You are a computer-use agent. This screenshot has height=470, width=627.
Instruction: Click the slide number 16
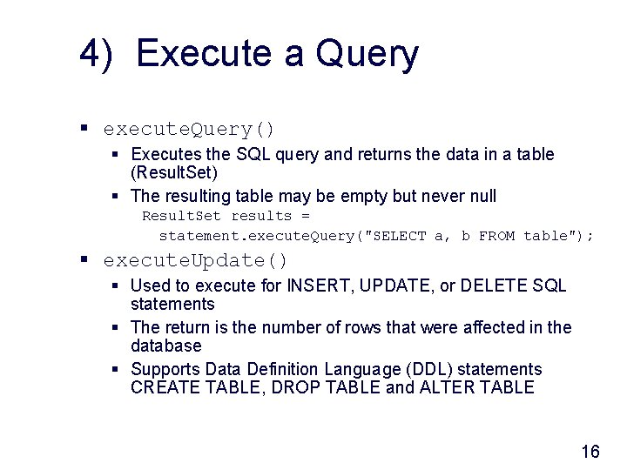(x=590, y=451)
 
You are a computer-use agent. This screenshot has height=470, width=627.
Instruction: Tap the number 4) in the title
(x=97, y=54)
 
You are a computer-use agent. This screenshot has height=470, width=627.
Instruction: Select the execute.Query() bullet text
(x=189, y=130)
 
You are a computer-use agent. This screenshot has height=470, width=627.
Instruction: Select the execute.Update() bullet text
(x=195, y=260)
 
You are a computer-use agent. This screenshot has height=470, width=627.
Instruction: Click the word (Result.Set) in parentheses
(x=174, y=173)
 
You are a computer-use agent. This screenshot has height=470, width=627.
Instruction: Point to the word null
(x=479, y=196)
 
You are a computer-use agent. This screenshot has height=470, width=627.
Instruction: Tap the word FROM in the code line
(x=496, y=236)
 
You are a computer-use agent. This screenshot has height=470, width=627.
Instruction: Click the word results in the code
(x=261, y=216)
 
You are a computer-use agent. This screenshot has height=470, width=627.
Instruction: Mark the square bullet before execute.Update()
(x=84, y=260)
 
